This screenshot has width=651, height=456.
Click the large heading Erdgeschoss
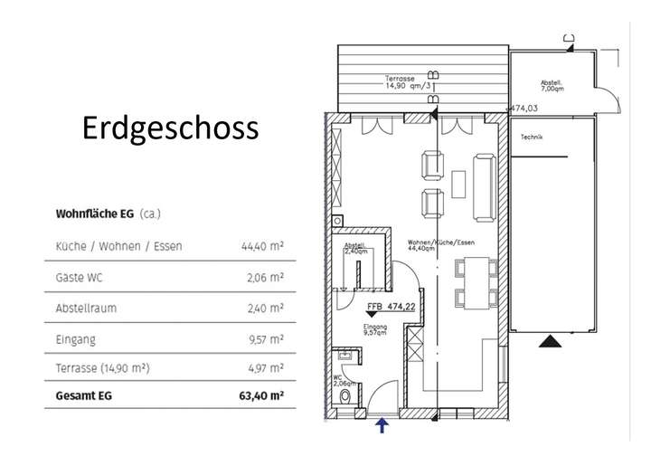point(170,128)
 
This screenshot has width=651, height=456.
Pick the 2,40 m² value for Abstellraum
point(265,309)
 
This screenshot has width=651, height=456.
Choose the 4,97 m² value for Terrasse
point(265,368)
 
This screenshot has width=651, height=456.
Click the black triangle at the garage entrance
point(550,342)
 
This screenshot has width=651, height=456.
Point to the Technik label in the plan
point(532,138)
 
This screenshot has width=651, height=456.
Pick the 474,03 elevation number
point(524,108)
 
